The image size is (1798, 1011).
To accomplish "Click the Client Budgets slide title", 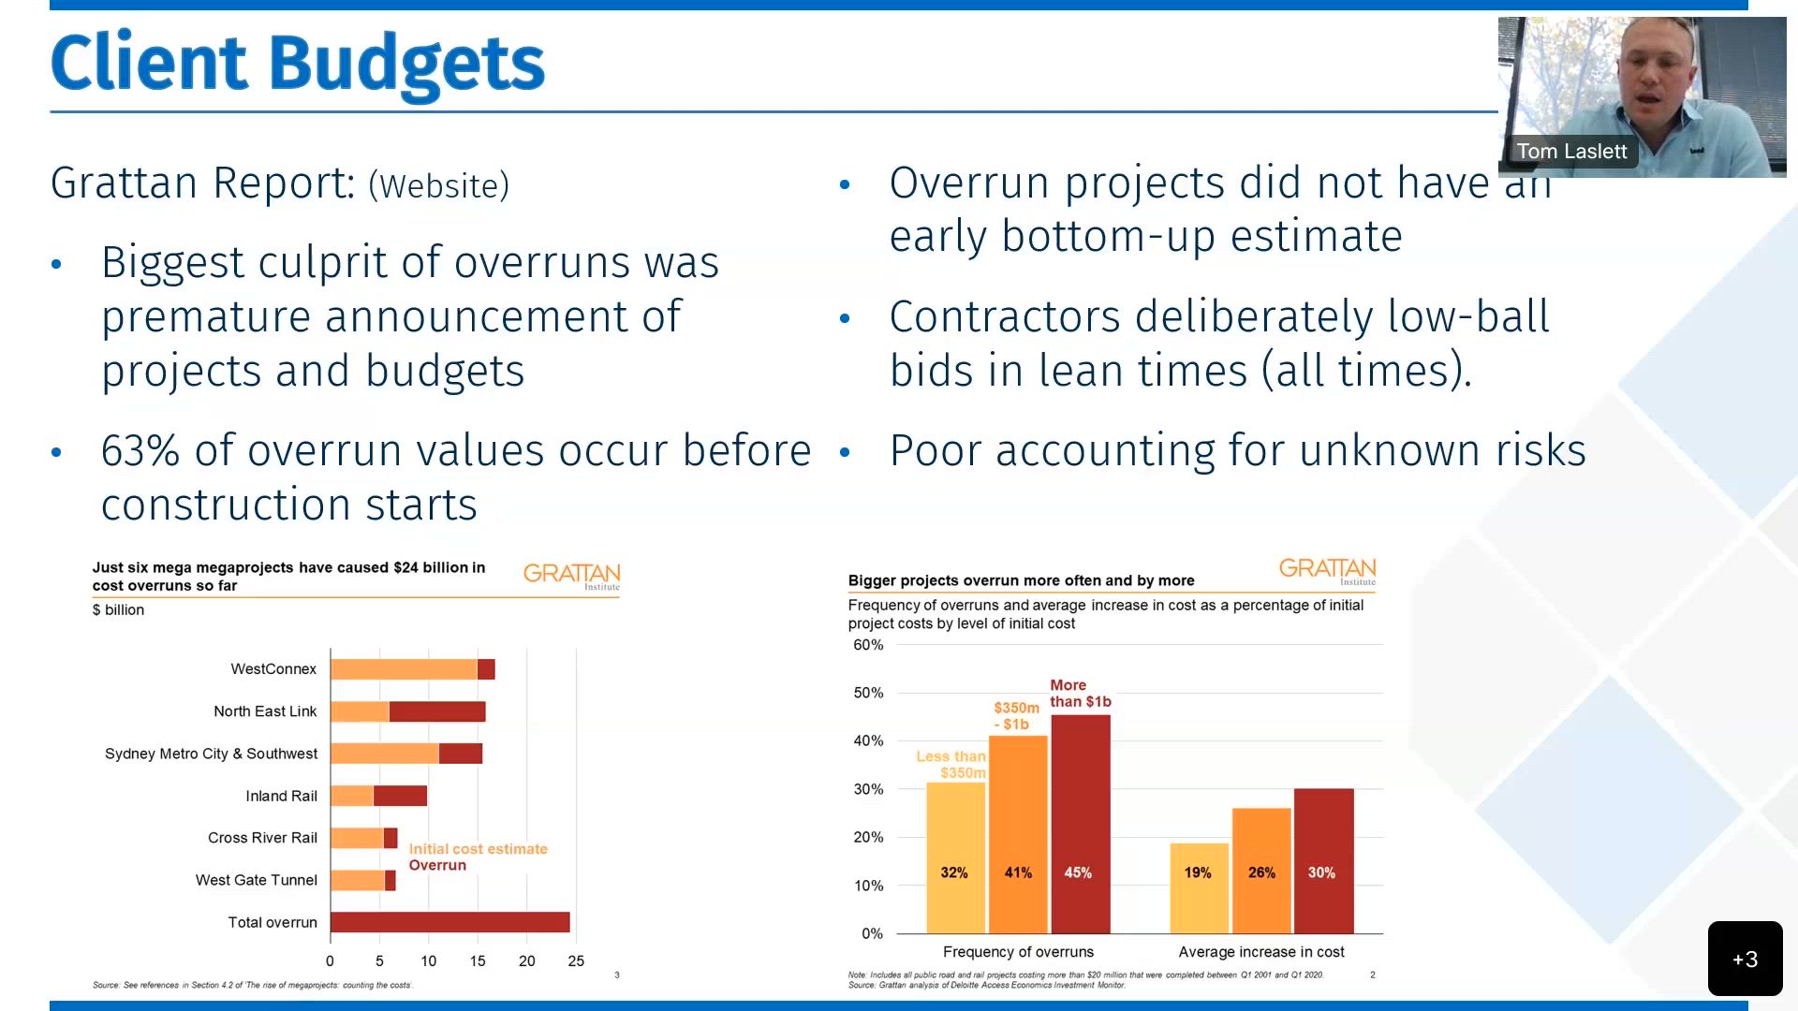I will (297, 64).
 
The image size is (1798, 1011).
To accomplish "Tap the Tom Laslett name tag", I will (1571, 152).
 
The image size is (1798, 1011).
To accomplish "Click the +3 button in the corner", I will (1745, 959).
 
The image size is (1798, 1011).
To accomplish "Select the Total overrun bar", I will (449, 922).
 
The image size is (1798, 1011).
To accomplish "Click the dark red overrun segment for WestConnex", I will (486, 669).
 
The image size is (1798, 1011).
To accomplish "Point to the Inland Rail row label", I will (281, 796).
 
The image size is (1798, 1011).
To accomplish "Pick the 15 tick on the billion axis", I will (478, 960).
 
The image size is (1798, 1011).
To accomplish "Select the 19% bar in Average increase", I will (1199, 887).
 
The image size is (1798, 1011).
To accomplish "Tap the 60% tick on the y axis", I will (868, 645).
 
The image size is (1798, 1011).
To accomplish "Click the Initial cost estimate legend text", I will (478, 849).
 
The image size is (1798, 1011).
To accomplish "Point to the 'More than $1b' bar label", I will (1080, 693).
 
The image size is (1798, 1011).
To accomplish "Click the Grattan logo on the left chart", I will (571, 575).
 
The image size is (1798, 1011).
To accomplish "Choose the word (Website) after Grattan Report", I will (438, 185).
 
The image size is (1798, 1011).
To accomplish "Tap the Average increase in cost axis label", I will (1260, 952).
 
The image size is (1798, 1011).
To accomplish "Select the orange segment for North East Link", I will (360, 711).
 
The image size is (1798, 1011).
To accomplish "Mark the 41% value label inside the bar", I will (1018, 872).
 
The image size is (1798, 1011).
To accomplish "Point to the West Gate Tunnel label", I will (256, 880).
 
